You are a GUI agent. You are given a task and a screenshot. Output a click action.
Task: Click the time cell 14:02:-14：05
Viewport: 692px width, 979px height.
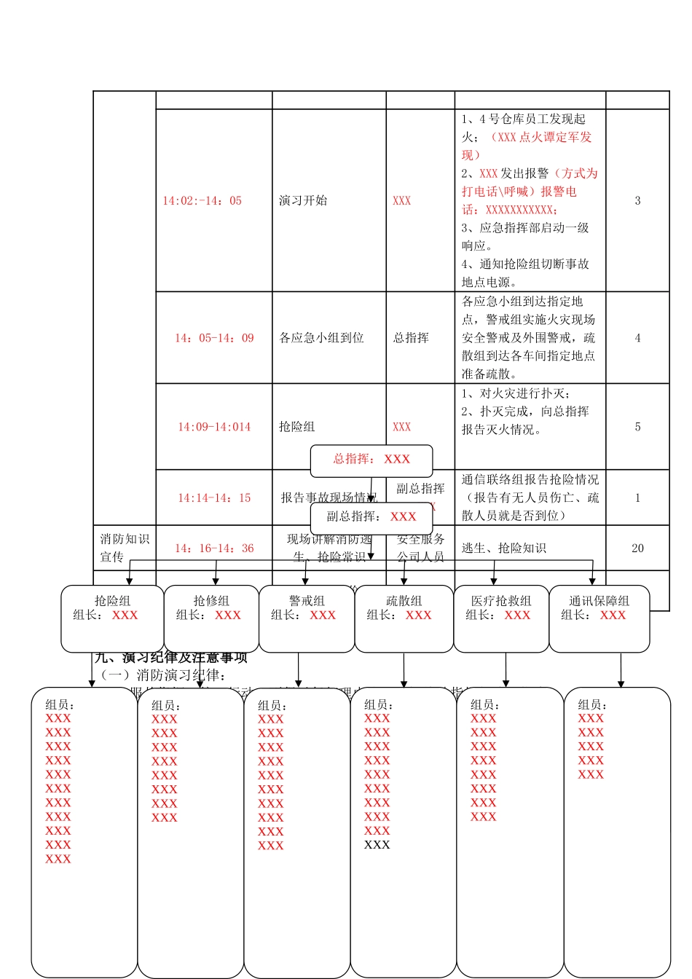(202, 201)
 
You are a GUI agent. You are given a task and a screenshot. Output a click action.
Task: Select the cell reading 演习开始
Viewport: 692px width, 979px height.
(303, 200)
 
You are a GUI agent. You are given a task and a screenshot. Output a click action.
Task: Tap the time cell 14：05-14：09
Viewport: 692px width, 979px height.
(214, 338)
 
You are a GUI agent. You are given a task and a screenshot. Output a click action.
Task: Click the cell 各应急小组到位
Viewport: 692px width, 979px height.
(321, 338)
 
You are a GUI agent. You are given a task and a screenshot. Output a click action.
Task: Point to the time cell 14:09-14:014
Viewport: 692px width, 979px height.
(214, 427)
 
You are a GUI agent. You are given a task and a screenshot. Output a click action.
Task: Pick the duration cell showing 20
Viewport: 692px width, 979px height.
(637, 549)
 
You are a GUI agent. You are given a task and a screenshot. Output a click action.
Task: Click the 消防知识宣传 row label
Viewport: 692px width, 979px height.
(125, 548)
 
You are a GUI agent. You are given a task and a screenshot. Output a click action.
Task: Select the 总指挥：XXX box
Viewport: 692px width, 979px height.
(371, 460)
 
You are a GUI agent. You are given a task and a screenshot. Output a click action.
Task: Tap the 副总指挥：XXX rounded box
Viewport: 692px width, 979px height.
(371, 517)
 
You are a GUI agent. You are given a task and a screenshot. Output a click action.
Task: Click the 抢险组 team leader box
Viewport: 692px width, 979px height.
(112, 618)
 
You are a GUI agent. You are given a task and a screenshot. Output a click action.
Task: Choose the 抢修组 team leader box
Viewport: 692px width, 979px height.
(211, 618)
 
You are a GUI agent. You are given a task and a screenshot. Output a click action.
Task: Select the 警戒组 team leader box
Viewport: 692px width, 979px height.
(307, 618)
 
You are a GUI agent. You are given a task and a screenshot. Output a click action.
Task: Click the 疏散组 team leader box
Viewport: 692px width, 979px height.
(404, 618)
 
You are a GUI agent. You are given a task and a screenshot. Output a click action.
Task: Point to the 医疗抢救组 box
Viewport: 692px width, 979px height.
(501, 618)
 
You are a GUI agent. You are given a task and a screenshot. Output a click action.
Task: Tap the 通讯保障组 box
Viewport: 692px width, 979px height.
(599, 618)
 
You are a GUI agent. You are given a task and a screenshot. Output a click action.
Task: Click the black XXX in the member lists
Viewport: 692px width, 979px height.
(377, 845)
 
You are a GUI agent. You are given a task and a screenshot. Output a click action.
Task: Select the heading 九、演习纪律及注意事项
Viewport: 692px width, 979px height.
(171, 658)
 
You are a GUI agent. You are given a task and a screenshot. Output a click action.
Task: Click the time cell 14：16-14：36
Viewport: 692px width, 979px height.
(214, 549)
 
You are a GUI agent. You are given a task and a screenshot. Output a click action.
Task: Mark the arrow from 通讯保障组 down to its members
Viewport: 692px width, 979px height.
(621, 670)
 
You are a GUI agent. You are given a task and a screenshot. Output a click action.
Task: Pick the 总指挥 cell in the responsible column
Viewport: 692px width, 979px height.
(411, 338)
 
